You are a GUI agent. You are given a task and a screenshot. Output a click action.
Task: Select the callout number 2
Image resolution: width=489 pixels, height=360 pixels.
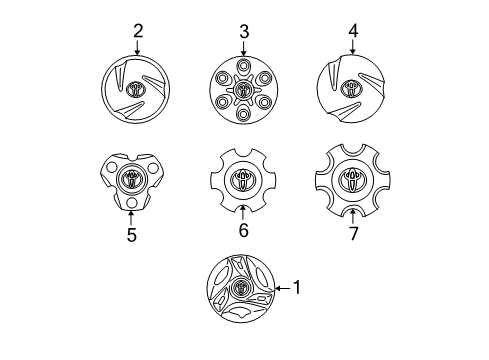pyautogui.click(x=138, y=31)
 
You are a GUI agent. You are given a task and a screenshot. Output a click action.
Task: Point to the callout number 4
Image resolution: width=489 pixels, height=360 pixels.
pyautogui.click(x=351, y=32)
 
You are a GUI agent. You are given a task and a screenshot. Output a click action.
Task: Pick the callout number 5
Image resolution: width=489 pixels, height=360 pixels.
pyautogui.click(x=130, y=235)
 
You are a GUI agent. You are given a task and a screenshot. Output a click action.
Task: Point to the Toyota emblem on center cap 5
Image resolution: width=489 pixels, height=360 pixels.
pyautogui.click(x=131, y=179)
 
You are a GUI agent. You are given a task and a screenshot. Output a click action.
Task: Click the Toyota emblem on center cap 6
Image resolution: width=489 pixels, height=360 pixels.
pyautogui.click(x=243, y=179)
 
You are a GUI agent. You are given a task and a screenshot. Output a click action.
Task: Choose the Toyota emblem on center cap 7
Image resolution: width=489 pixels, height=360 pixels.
pyautogui.click(x=352, y=179)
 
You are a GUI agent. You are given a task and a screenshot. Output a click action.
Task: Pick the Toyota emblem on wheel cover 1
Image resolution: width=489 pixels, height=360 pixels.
pyautogui.click(x=241, y=288)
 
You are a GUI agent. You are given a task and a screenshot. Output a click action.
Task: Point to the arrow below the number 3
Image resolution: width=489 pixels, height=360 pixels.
pyautogui.click(x=243, y=50)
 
